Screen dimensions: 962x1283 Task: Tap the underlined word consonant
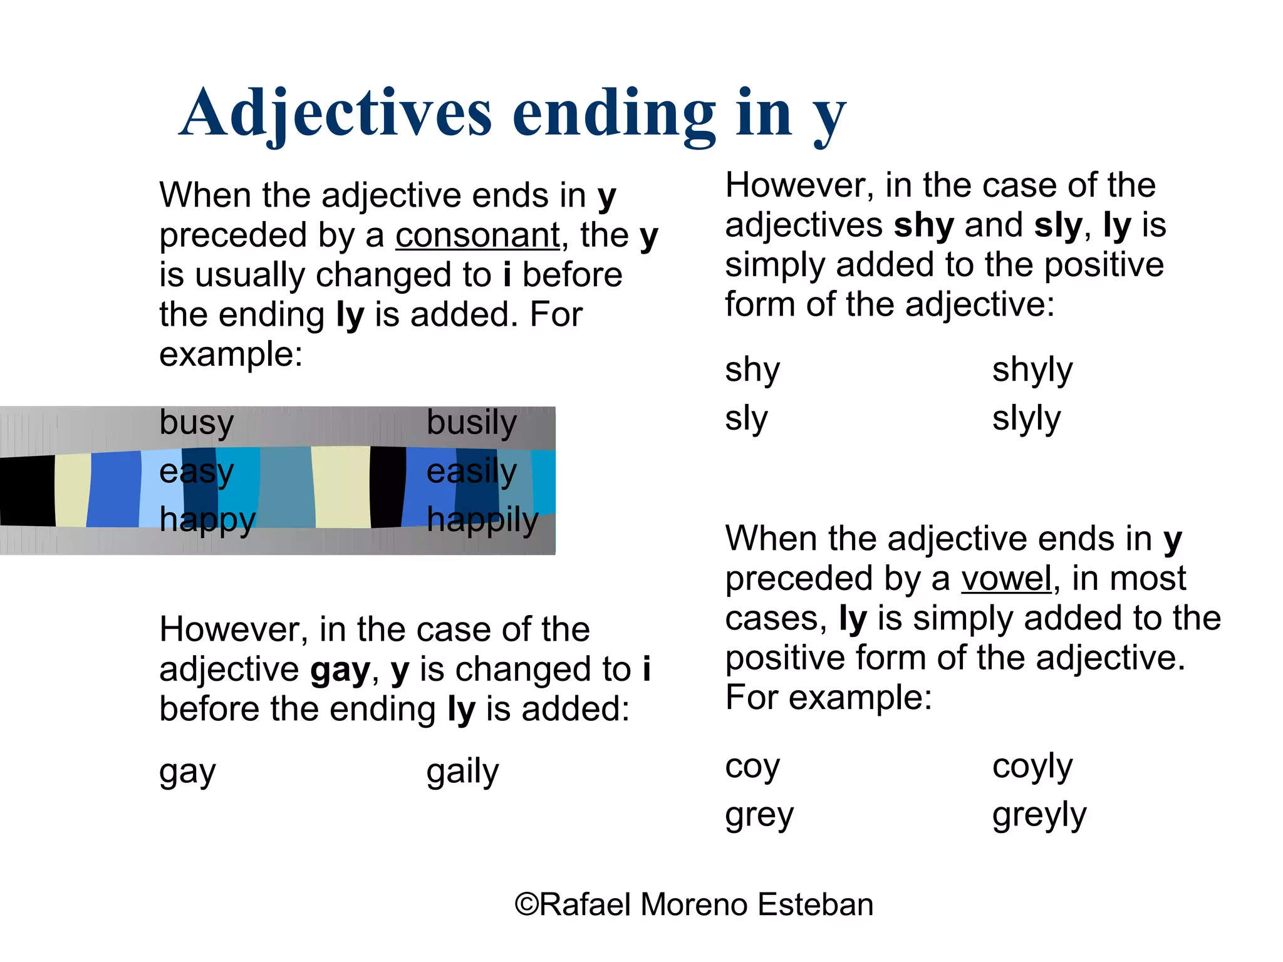(x=477, y=235)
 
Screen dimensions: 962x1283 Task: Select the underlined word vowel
(x=1006, y=578)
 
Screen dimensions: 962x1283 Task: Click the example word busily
(x=472, y=422)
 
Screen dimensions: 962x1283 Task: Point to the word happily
(x=482, y=520)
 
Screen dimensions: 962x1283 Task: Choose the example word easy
(x=197, y=471)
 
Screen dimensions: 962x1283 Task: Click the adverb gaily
(x=462, y=772)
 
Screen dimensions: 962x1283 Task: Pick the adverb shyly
(x=1032, y=370)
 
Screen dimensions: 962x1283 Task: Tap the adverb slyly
(x=1026, y=418)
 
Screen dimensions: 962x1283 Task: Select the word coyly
(x=1032, y=766)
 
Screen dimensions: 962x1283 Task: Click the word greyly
(x=1039, y=815)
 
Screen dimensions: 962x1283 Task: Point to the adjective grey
(x=759, y=815)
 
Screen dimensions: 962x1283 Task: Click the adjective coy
(x=752, y=766)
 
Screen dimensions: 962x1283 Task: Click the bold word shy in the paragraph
(x=924, y=225)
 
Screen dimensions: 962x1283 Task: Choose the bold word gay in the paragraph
(x=340, y=670)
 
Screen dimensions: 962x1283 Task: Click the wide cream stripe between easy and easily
(x=341, y=487)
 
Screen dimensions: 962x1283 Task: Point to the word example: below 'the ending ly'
(x=231, y=354)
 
